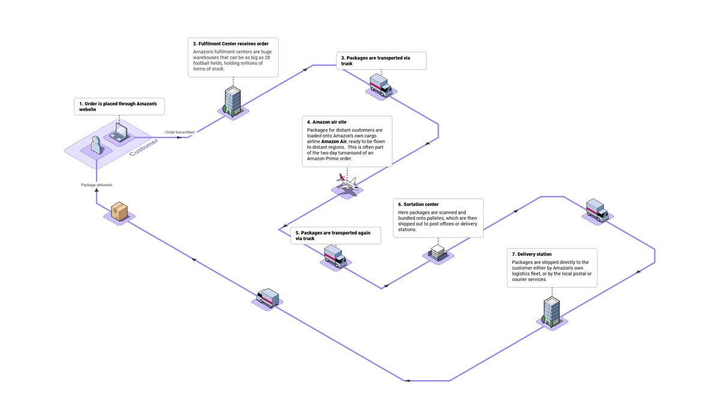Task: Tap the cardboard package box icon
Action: (x=119, y=211)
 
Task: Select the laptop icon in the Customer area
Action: (x=119, y=133)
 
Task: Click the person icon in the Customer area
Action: (x=96, y=145)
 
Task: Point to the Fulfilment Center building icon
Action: (x=232, y=100)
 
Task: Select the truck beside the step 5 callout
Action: (x=334, y=256)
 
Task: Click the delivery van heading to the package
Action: (x=268, y=298)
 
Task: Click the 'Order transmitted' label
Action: (x=179, y=132)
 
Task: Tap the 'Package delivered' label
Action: (x=97, y=185)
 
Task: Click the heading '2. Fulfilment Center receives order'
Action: (x=230, y=44)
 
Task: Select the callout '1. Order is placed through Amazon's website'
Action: (x=119, y=107)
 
